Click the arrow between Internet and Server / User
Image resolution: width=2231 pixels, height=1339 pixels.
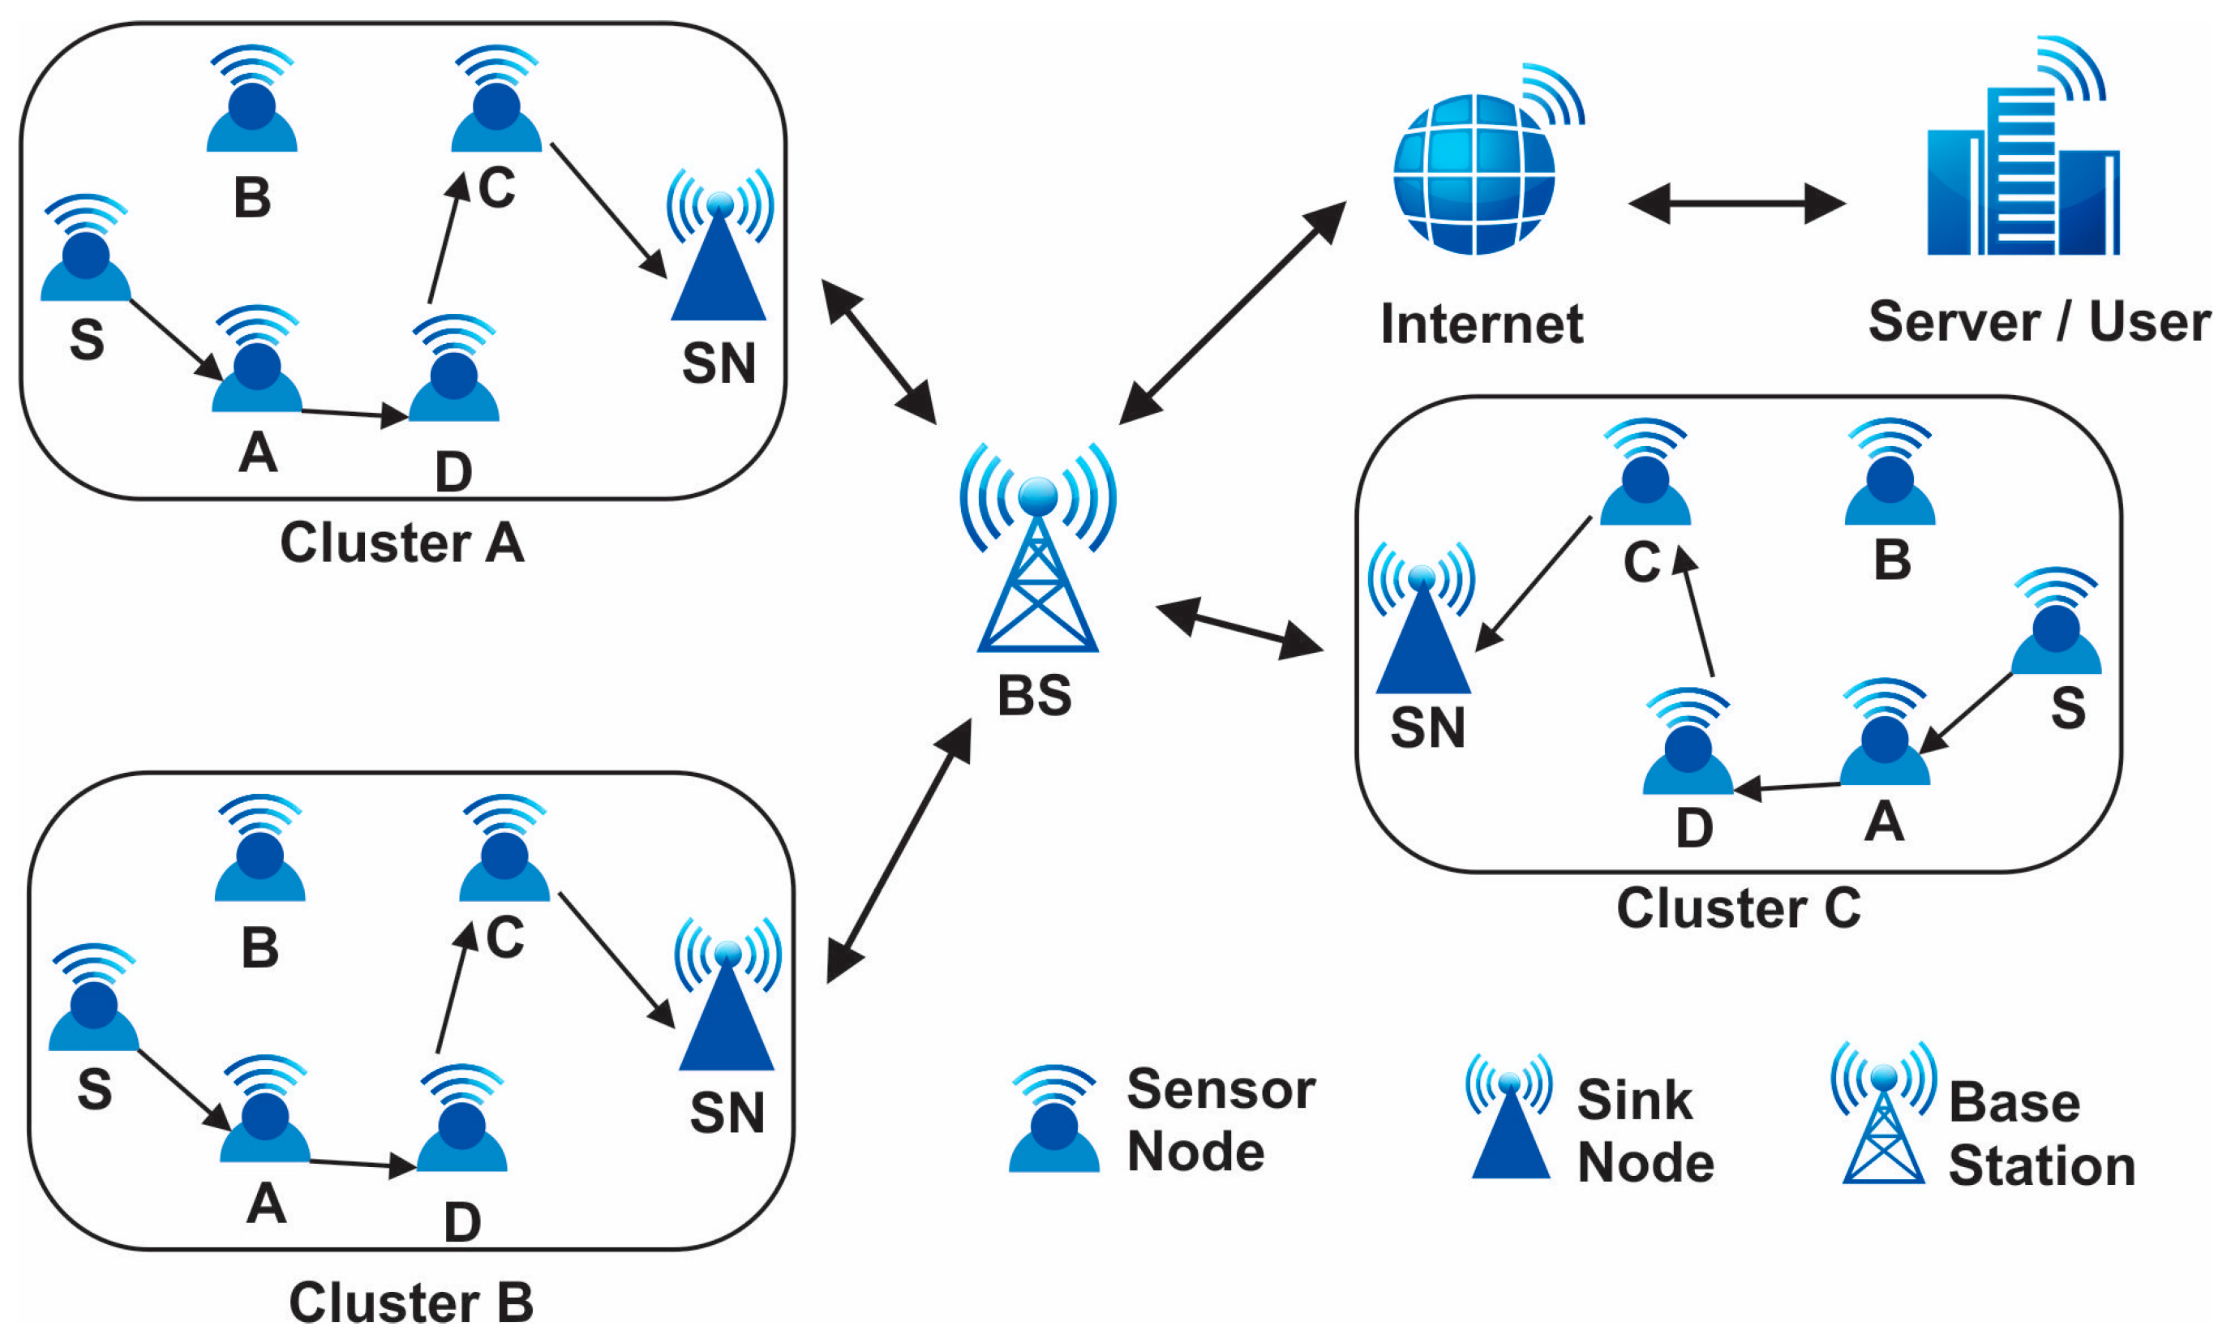coord(1736,204)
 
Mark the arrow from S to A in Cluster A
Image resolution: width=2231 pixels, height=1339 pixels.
coord(176,339)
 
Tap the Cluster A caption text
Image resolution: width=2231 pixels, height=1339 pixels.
coord(401,543)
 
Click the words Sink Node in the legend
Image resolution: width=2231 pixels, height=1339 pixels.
coord(1645,1131)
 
